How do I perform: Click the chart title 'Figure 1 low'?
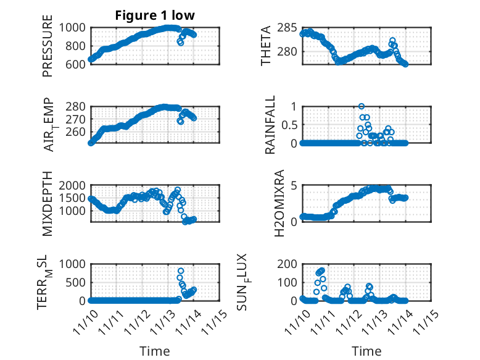[x=155, y=16]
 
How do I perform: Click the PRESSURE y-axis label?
[x=48, y=46]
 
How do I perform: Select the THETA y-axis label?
[x=266, y=46]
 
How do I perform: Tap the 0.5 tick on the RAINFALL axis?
[x=286, y=125]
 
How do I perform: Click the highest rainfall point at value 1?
[x=362, y=106]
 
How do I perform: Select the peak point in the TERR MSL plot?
[x=181, y=271]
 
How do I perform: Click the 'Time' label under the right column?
[x=366, y=351]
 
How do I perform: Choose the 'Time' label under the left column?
[x=155, y=351]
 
